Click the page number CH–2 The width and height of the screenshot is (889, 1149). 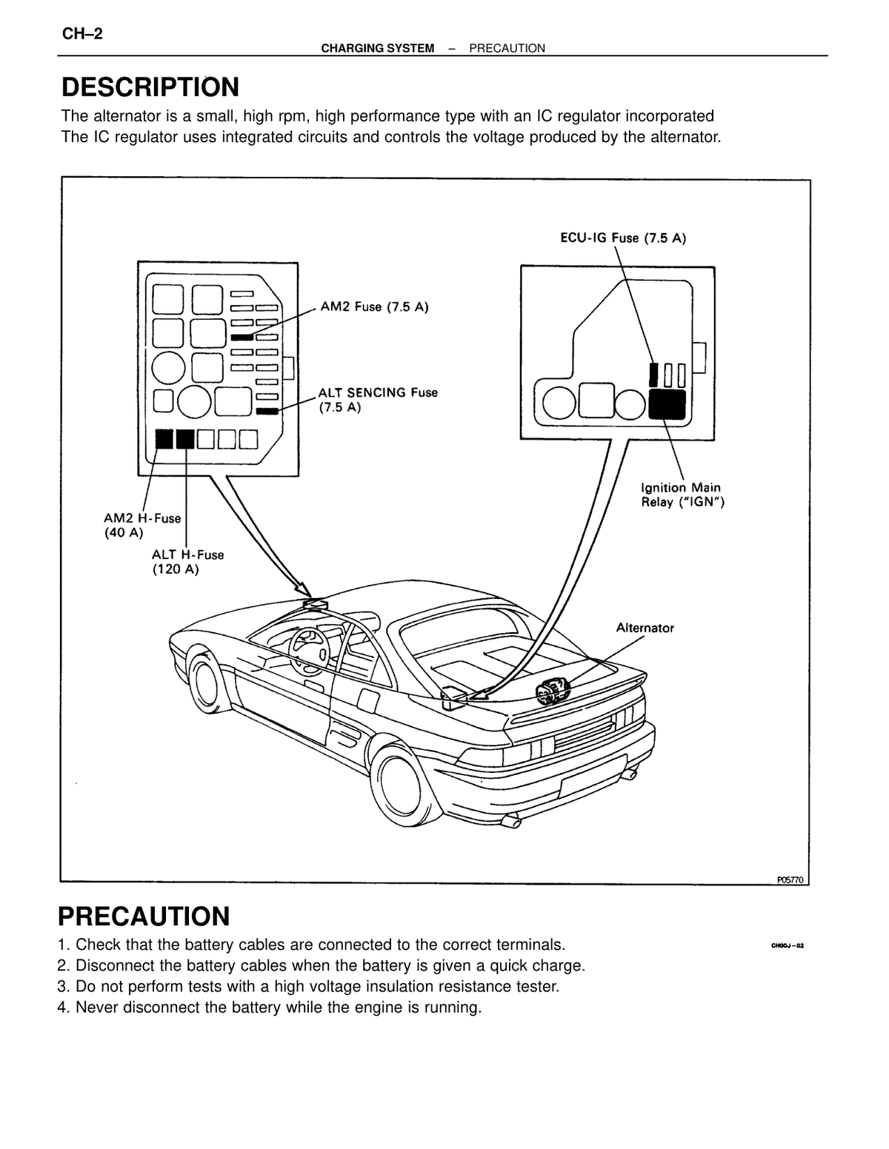pos(82,34)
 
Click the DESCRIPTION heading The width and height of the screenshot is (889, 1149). pos(150,87)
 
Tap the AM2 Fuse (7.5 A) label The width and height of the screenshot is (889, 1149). pos(374,306)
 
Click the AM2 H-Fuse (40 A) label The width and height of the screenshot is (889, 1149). pos(142,525)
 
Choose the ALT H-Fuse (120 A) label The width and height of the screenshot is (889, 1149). pos(187,562)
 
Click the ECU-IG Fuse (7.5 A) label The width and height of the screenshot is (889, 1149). pos(623,238)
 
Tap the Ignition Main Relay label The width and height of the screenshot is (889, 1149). pos(682,495)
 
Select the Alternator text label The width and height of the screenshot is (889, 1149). pos(645,628)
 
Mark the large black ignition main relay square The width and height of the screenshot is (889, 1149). pos(667,404)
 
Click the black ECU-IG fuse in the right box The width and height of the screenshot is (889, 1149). pos(654,375)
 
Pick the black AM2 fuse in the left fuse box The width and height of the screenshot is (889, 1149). pos(242,337)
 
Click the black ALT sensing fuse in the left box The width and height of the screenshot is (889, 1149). pos(267,411)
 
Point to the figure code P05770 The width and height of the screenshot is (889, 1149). pos(790,880)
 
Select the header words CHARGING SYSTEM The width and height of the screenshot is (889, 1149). pos(378,48)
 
